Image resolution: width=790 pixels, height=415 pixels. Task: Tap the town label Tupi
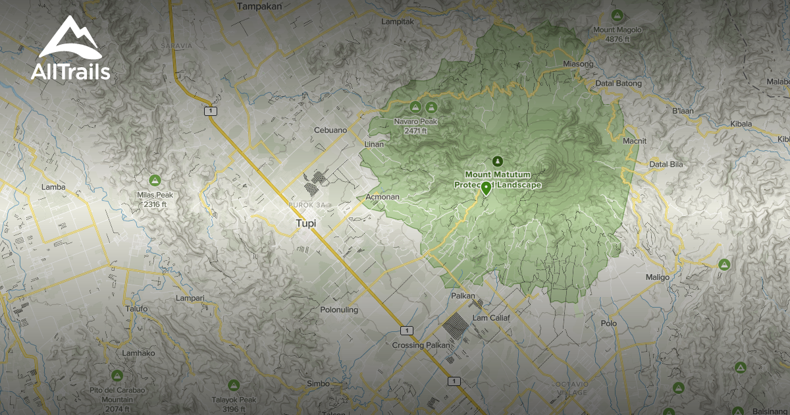point(305,224)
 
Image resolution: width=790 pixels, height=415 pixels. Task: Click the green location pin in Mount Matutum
point(486,188)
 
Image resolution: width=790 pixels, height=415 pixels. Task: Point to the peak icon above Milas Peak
point(155,180)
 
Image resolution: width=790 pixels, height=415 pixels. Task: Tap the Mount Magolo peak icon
point(617,15)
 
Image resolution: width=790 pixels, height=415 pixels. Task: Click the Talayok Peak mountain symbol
point(233,385)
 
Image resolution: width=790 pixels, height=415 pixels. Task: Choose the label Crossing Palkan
point(421,345)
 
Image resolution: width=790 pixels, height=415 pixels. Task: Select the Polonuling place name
point(338,310)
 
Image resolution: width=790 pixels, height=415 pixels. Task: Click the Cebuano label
point(330,130)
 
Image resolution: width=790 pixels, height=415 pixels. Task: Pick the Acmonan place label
point(382,197)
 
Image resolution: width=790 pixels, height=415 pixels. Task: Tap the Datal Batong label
point(619,84)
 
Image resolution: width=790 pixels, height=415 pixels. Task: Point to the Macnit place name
point(635,140)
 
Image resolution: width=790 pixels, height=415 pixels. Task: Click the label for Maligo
point(657,277)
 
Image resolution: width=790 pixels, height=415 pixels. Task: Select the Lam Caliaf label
point(491,318)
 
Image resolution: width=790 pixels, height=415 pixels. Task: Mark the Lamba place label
point(53,187)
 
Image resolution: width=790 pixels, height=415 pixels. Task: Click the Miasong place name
point(579,64)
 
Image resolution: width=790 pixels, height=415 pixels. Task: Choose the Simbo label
point(318,384)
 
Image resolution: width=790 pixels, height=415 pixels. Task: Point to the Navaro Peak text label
point(415,121)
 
